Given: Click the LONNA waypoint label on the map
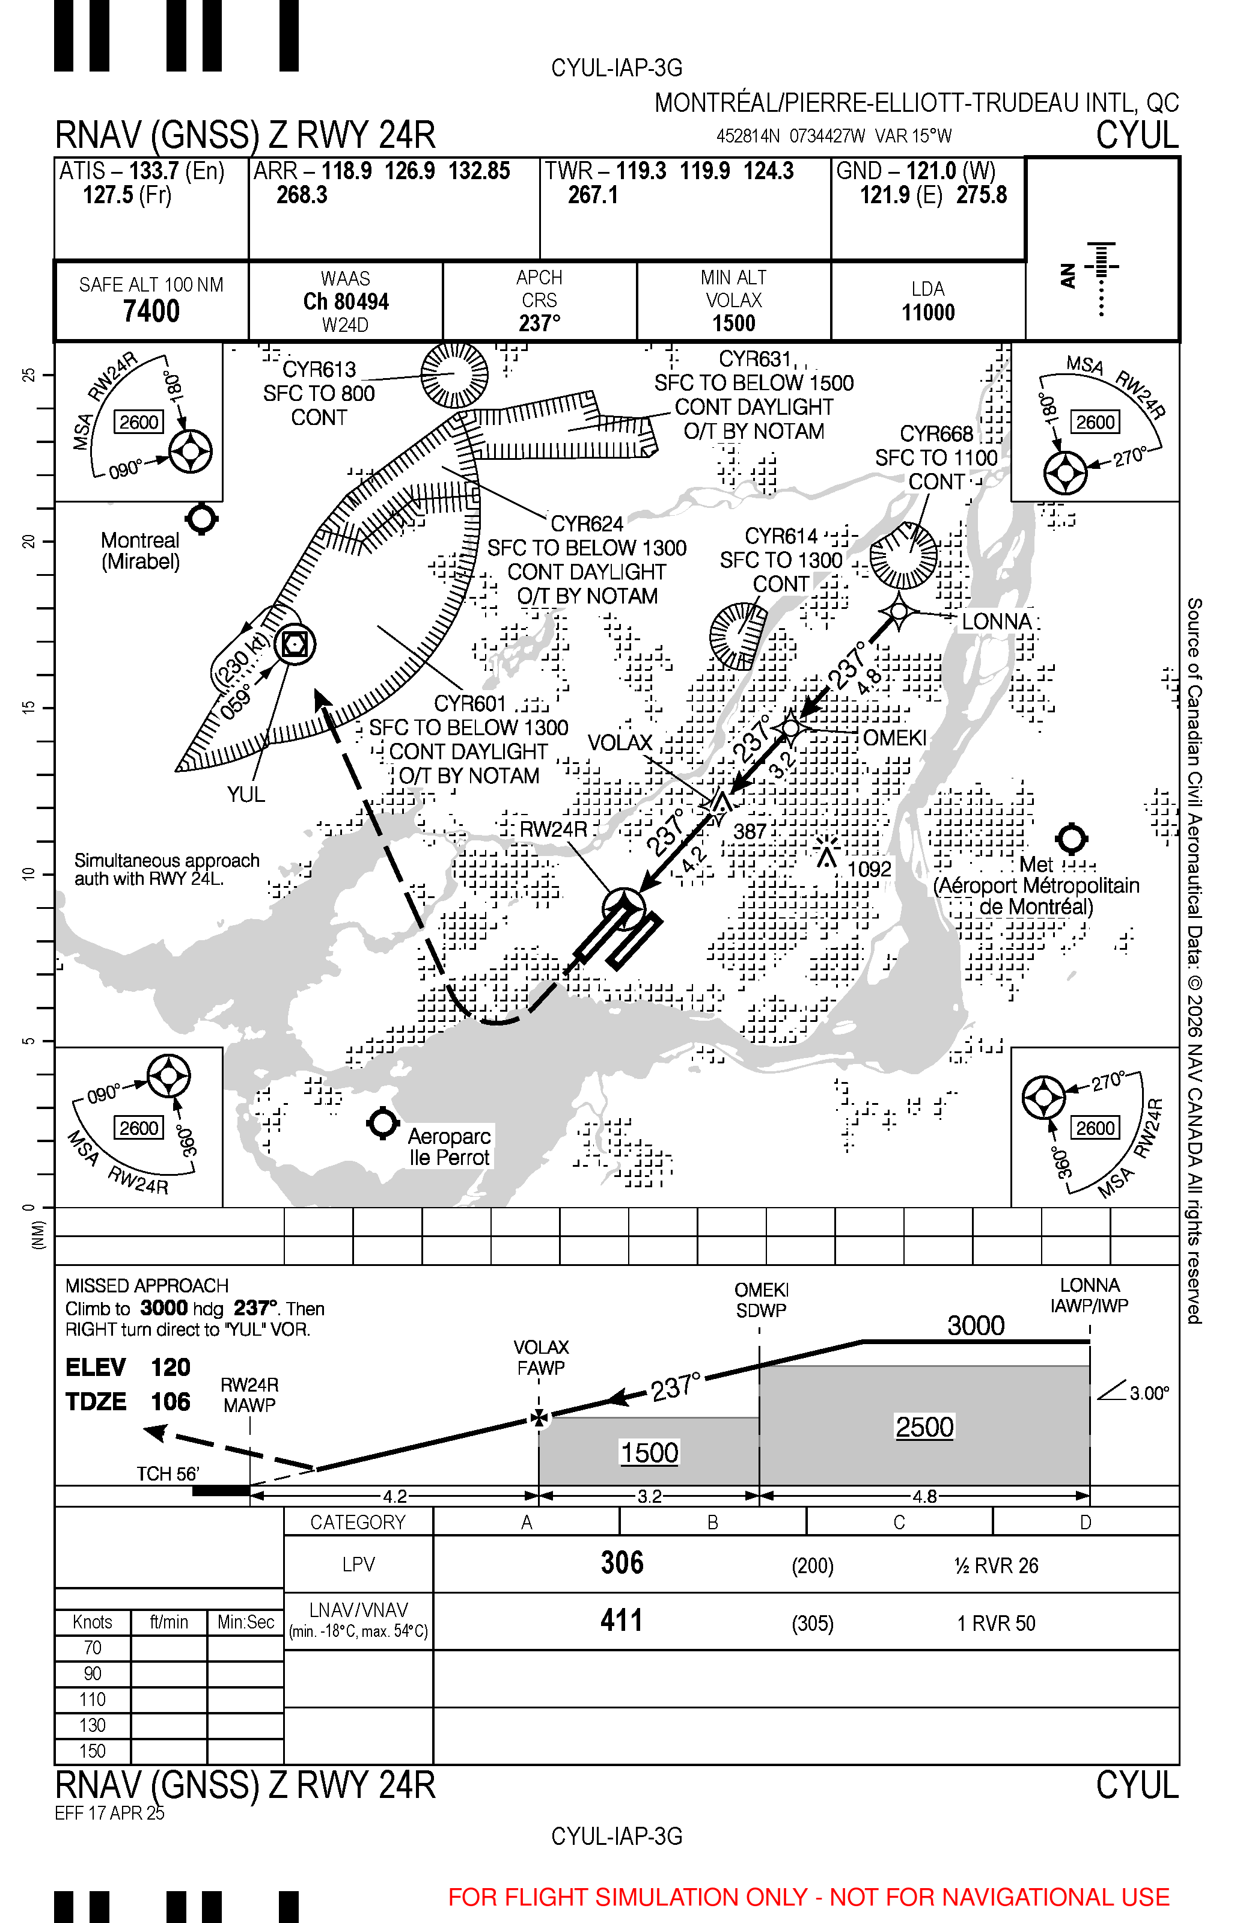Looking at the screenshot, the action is tap(997, 622).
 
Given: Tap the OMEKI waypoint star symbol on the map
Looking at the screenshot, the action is tap(791, 727).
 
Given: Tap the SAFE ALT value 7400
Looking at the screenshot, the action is tap(151, 311).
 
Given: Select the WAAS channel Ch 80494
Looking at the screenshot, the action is tap(346, 302).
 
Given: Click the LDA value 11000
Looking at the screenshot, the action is tap(928, 313).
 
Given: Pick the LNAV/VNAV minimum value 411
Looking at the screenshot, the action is tap(622, 1621).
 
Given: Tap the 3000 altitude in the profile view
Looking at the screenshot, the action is tap(976, 1326).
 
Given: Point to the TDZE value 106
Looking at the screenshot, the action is tap(171, 1401).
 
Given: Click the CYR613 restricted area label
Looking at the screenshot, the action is tap(319, 369).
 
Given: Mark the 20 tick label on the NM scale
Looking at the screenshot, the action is tap(29, 542).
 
